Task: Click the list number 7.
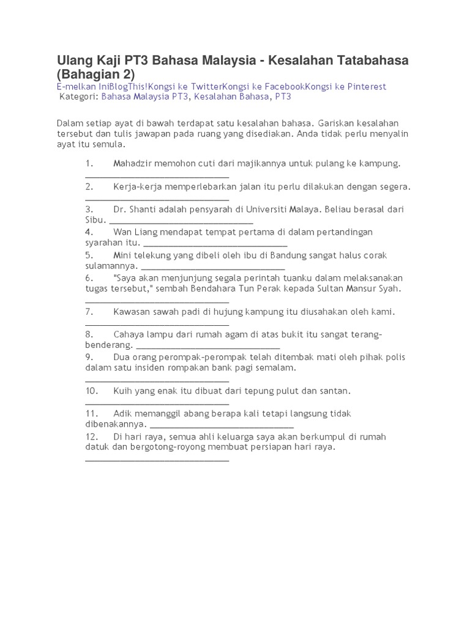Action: (89, 312)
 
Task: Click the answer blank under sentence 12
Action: (157, 459)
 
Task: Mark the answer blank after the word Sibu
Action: (181, 221)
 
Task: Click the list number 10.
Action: (91, 390)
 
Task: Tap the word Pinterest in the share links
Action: (367, 87)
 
